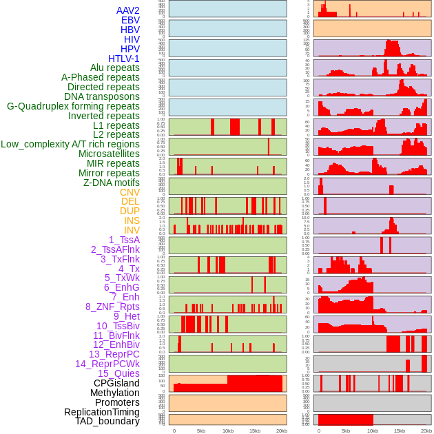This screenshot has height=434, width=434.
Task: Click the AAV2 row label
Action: pos(127,10)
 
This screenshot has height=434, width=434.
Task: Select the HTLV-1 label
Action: pos(123,59)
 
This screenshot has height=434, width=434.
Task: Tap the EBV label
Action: pos(130,20)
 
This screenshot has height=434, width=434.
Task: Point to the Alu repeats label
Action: pos(114,68)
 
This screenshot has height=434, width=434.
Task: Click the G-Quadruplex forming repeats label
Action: pos(73,106)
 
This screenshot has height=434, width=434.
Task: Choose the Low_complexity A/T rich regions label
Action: pos(70,144)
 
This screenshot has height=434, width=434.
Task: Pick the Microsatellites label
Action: pos(109,154)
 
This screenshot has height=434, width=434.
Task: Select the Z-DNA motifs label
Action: pos(112,183)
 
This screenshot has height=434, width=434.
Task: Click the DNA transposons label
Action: pos(102,96)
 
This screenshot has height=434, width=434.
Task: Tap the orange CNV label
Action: pos(130,192)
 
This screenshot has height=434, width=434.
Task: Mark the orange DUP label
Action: pos(130,211)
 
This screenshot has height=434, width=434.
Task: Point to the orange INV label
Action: pos(132,230)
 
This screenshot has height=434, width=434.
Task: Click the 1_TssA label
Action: pos(124,240)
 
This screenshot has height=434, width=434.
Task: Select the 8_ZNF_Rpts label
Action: pos(112,307)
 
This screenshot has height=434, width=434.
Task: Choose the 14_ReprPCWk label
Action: pos(107,364)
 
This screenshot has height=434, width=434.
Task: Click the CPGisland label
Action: pos(116,383)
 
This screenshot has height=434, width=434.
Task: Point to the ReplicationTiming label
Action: pos(101,412)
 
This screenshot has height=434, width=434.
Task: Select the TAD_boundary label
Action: pos(107,421)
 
